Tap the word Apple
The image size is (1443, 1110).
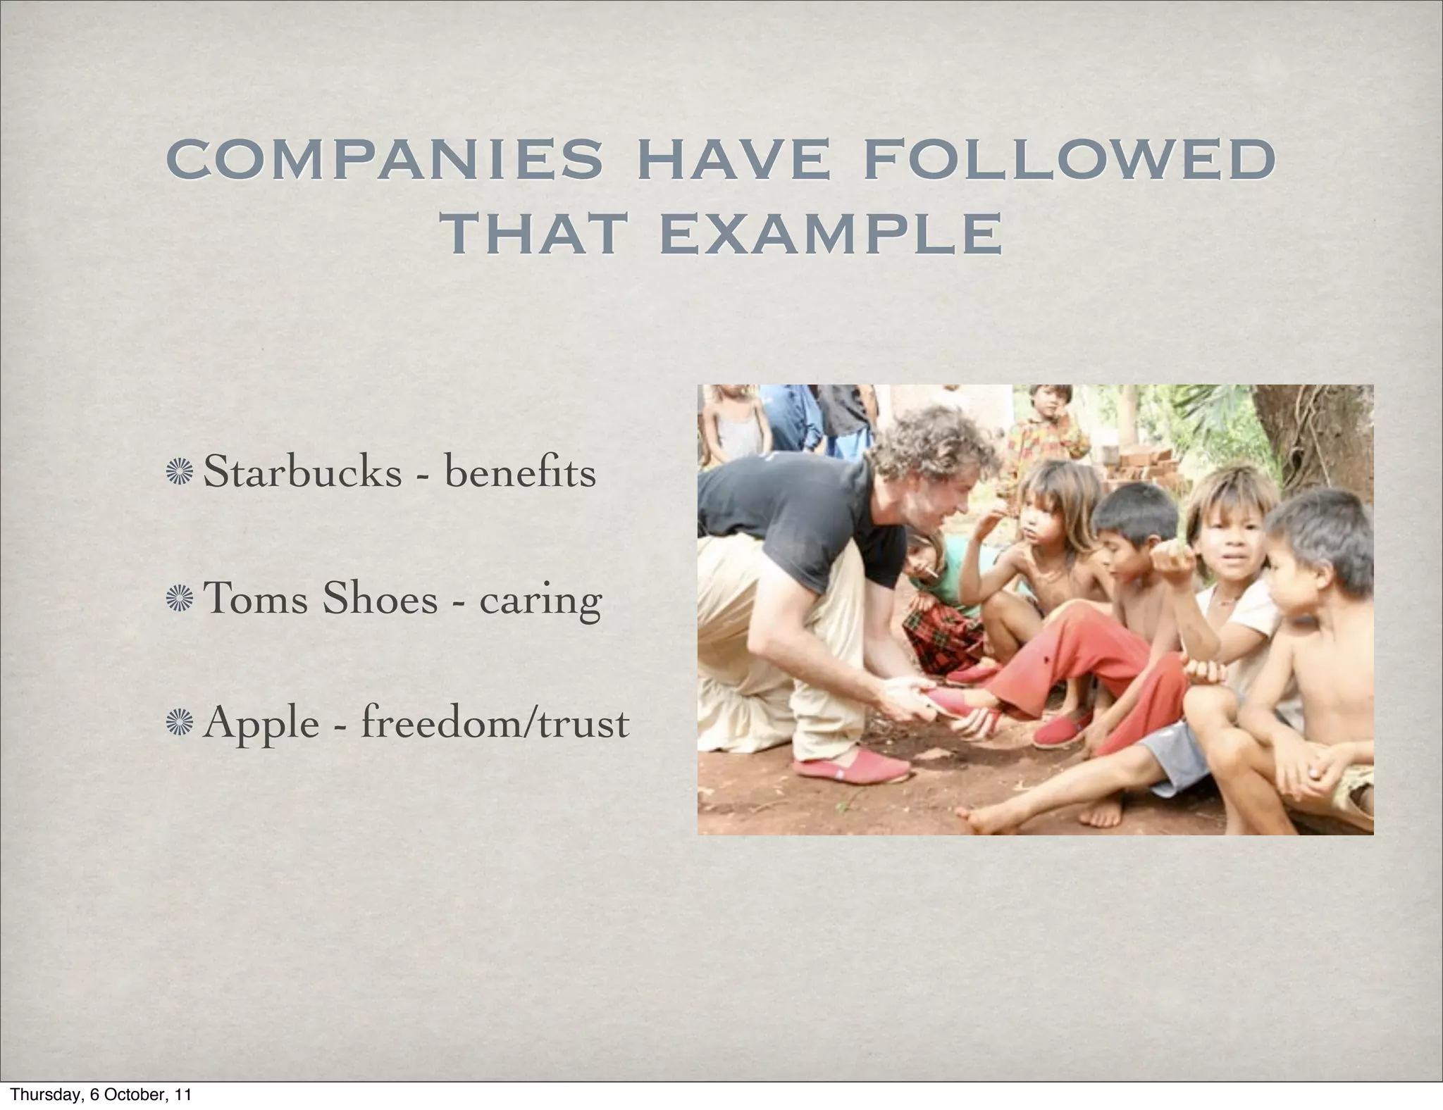click(261, 724)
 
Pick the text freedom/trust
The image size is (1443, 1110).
click(495, 723)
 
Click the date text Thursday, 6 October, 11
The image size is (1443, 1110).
click(101, 1095)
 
